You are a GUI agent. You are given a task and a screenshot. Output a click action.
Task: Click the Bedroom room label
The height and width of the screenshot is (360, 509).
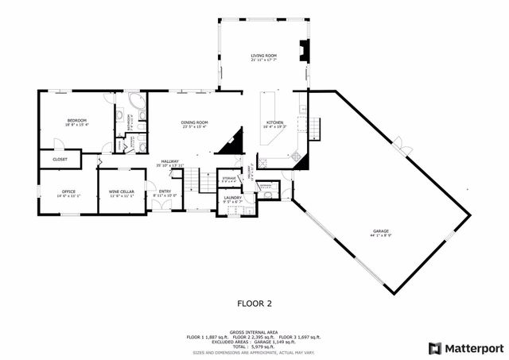click(x=76, y=119)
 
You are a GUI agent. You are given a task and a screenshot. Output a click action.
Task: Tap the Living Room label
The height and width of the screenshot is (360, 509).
click(x=262, y=55)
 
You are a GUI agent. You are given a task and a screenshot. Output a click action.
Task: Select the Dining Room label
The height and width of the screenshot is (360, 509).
click(x=195, y=121)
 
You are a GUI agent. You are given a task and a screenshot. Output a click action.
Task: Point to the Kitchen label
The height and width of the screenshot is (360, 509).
click(x=274, y=122)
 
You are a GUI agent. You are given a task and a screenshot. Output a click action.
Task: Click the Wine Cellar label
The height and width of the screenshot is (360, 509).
click(x=121, y=192)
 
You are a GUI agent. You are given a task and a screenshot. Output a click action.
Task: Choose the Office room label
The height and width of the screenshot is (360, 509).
click(x=68, y=192)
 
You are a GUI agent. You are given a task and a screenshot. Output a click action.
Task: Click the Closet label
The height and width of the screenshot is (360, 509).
click(x=60, y=159)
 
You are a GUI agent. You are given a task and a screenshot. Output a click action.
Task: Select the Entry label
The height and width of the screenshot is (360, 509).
click(x=165, y=192)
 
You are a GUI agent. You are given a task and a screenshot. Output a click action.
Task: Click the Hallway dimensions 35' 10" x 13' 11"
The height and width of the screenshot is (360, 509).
click(x=170, y=165)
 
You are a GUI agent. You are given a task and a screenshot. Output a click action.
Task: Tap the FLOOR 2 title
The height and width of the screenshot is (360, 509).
click(x=254, y=303)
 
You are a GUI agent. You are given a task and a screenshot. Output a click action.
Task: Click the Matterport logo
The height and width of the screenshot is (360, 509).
click(x=466, y=348)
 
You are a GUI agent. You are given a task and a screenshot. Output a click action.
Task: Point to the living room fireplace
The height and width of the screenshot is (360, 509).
click(x=301, y=50)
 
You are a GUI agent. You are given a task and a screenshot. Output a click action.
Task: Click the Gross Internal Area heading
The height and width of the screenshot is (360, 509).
click(x=254, y=332)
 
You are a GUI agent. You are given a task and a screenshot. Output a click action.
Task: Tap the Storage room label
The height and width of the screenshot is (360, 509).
click(x=229, y=178)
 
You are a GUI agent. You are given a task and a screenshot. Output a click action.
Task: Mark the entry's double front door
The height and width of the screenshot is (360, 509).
click(x=162, y=206)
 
